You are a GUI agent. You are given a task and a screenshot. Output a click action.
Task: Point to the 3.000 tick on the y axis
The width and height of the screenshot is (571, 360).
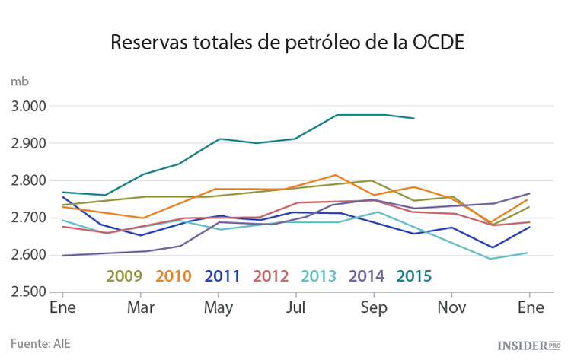29,106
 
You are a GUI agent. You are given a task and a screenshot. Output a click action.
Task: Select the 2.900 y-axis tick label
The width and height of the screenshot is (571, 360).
29,143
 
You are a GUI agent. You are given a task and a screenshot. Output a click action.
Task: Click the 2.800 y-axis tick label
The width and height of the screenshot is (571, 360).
29,180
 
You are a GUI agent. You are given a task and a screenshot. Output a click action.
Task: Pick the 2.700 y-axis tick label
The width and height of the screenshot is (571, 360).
29,218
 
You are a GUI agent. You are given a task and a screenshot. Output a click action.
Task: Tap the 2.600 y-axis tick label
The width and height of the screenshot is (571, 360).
29,255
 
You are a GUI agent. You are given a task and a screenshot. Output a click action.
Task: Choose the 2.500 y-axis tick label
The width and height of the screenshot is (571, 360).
29,292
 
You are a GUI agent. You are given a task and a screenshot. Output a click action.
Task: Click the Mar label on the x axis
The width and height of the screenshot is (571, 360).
140,308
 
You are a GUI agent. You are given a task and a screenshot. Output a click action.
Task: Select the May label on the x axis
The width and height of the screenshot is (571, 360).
219,308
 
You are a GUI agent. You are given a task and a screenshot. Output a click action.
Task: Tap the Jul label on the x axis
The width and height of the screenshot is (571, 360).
296,308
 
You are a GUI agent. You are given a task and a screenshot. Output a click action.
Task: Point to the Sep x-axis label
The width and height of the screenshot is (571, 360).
374,308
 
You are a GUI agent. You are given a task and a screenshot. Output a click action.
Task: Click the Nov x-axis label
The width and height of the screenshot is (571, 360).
451,308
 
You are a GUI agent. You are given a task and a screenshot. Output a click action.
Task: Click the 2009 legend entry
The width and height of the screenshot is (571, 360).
124,276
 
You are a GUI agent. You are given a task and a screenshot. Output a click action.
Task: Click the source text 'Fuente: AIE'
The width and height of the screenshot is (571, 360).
40,343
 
